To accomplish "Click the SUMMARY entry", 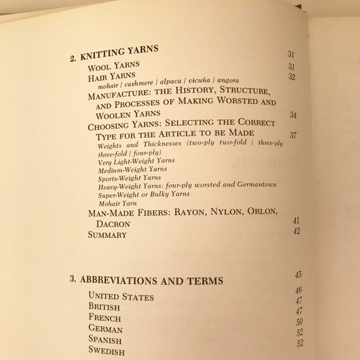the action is tap(107, 235).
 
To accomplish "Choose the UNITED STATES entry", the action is tap(121, 297).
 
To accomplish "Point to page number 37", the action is tap(293, 135).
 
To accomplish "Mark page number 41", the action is tap(297, 220).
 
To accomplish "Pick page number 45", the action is tap(299, 274).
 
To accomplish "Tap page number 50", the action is tap(299, 322).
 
